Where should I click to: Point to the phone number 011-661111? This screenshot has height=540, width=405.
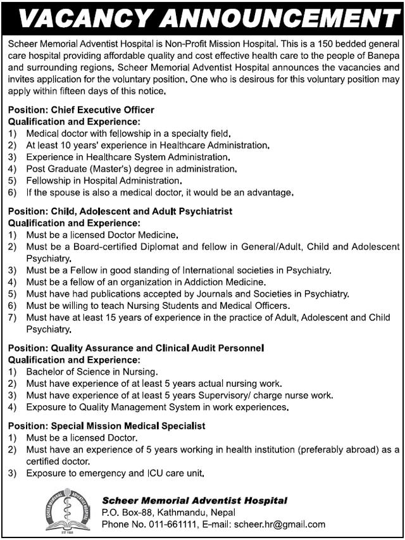(165, 524)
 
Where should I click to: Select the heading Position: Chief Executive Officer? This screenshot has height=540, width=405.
(81, 110)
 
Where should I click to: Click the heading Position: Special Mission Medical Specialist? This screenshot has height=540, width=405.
(106, 426)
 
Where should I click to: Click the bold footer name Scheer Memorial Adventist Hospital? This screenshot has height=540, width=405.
(195, 501)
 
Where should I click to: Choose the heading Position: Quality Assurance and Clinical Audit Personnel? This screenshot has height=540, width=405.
(136, 348)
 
